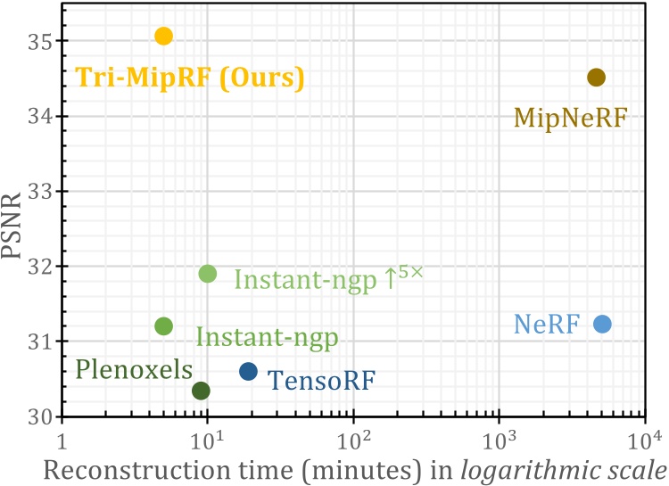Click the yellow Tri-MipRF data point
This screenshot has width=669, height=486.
[163, 36]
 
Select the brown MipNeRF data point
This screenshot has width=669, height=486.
[596, 78]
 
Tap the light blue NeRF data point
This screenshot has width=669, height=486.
[602, 324]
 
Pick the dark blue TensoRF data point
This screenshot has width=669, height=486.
[248, 371]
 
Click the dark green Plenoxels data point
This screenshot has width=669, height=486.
[201, 391]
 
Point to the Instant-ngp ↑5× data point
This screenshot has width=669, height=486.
[207, 273]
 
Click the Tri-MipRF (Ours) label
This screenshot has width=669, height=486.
[190, 78]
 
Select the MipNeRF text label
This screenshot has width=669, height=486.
[571, 117]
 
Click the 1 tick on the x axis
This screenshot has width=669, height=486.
[62, 441]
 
